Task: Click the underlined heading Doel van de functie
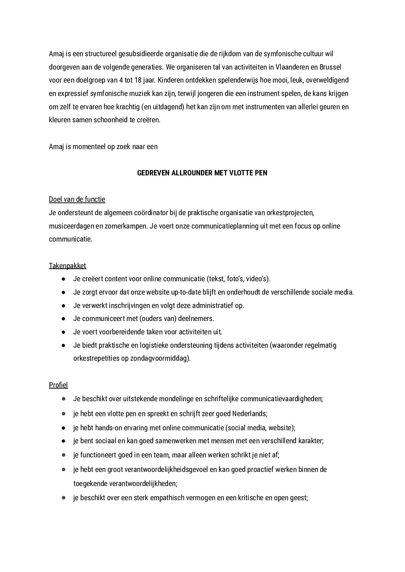tap(77, 199)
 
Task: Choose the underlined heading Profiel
tap(58, 385)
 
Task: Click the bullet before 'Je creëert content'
tap(63, 279)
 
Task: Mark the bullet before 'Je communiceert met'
tap(63, 319)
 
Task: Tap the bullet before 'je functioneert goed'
tap(63, 455)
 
